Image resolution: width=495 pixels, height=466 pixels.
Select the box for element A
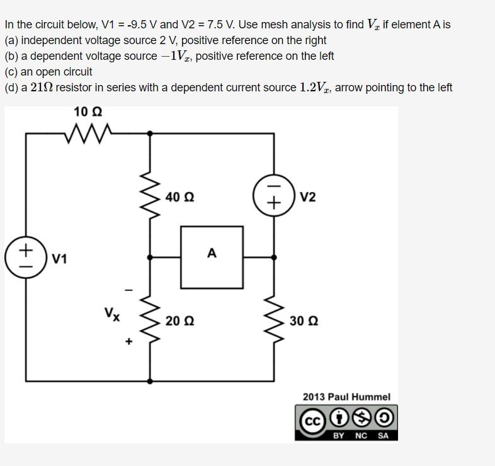pyautogui.click(x=212, y=257)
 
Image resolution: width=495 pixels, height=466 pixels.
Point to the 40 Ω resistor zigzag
pyautogui.click(x=150, y=196)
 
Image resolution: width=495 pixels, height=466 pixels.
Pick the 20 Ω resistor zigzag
pyautogui.click(x=150, y=320)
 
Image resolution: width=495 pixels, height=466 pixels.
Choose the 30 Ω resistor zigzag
pyautogui.click(x=274, y=320)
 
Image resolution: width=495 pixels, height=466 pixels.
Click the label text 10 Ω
pyautogui.click(x=88, y=112)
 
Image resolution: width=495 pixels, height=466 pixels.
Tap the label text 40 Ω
pyautogui.click(x=179, y=197)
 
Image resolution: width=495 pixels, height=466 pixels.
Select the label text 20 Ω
pyautogui.click(x=179, y=321)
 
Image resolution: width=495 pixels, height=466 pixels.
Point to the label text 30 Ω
pyautogui.click(x=304, y=321)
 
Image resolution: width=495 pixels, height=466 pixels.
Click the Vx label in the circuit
pyautogui.click(x=112, y=314)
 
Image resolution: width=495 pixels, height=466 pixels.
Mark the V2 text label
pyautogui.click(x=308, y=197)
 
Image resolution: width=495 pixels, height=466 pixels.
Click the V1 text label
pyautogui.click(x=60, y=258)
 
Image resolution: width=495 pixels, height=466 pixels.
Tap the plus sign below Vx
pyautogui.click(x=128, y=342)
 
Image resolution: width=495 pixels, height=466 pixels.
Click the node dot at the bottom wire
pyautogui.click(x=150, y=381)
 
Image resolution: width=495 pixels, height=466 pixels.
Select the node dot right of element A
pyautogui.click(x=274, y=257)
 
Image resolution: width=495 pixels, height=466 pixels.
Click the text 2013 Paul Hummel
pyautogui.click(x=346, y=397)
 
